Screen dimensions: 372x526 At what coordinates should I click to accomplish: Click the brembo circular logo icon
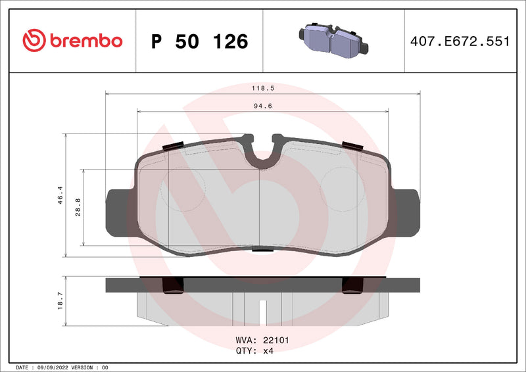click(33, 41)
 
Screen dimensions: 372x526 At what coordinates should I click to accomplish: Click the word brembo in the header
click(84, 41)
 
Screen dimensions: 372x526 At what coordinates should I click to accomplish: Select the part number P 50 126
click(199, 41)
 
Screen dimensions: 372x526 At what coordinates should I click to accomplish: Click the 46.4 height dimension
click(60, 195)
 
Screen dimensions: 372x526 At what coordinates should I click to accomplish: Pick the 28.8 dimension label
click(78, 208)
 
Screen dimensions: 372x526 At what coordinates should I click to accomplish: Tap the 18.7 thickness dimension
click(60, 300)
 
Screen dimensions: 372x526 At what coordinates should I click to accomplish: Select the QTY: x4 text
click(254, 351)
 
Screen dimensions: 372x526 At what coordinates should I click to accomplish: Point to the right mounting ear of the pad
click(406, 212)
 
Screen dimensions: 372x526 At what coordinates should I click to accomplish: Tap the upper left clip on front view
click(173, 146)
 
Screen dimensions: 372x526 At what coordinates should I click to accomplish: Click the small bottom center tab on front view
click(262, 249)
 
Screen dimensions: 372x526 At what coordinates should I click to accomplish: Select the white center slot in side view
click(262, 309)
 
